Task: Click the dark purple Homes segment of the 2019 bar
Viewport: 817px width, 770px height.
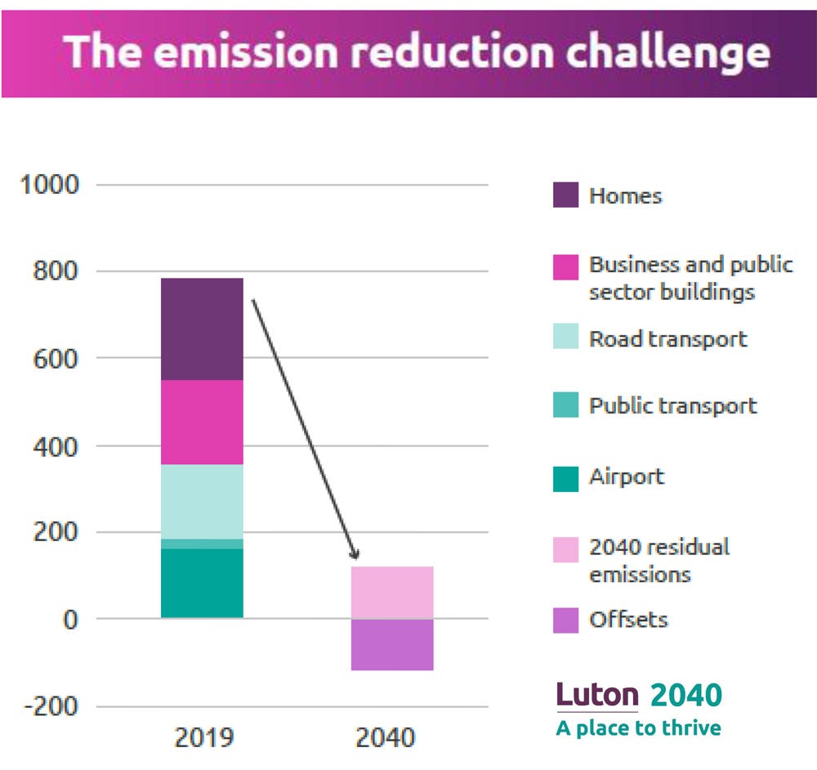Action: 202,329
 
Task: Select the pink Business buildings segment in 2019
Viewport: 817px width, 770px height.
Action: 202,422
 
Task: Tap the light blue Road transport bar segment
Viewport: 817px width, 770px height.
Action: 202,501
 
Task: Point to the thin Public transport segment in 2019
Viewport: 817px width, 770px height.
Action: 202,544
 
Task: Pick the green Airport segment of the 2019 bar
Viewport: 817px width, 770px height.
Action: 202,583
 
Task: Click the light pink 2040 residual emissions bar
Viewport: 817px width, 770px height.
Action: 392,592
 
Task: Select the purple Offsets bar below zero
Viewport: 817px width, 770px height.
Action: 392,644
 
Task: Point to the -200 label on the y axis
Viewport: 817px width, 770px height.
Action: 50,705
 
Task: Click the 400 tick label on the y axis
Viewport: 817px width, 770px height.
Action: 56,445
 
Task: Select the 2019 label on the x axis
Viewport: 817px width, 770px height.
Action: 203,738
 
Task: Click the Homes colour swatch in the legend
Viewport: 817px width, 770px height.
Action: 565,195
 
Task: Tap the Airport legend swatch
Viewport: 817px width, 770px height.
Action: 565,477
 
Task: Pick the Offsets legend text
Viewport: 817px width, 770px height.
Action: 627,619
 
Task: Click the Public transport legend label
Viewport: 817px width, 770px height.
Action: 672,405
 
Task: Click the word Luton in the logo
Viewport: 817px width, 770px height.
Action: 597,695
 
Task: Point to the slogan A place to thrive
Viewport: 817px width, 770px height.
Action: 638,728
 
